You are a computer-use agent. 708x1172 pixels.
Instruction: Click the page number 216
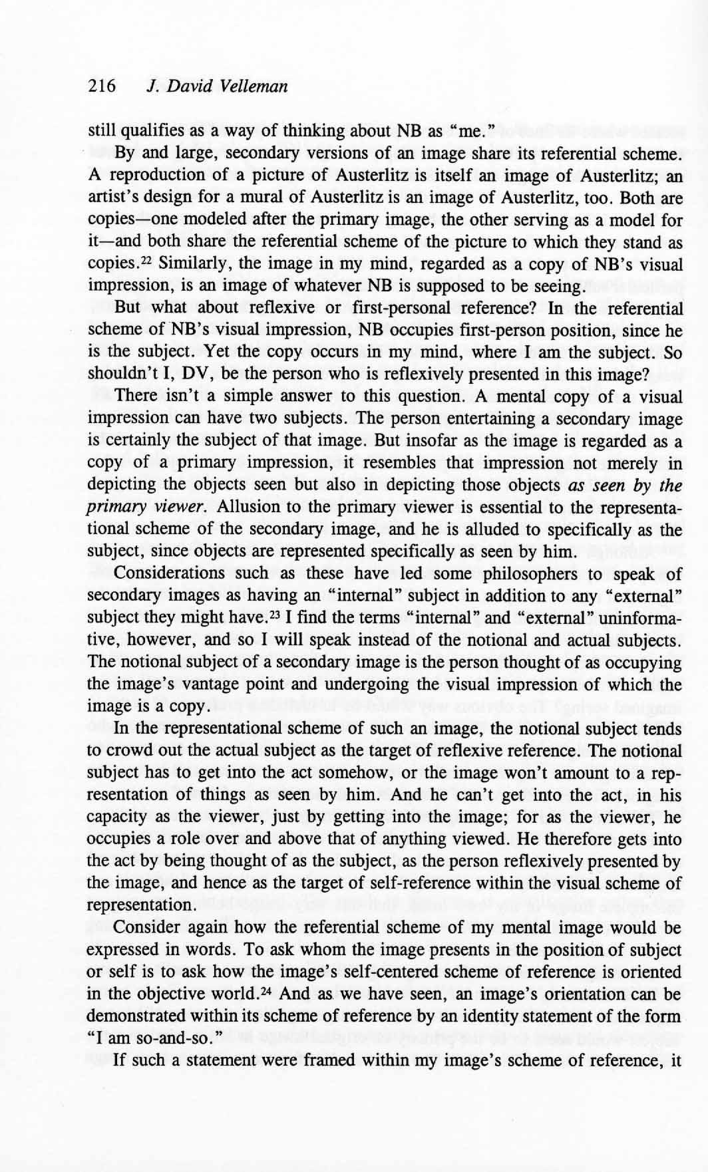click(x=102, y=86)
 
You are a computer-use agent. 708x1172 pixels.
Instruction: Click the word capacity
click(x=116, y=817)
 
